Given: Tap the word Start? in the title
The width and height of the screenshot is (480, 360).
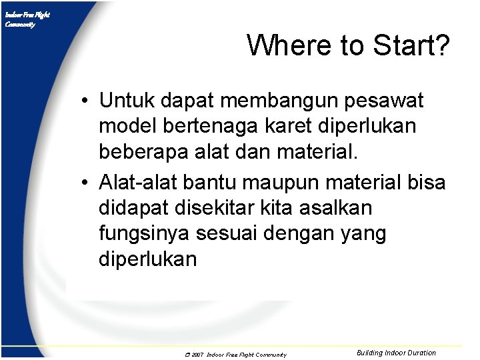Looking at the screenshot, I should pos(411,45).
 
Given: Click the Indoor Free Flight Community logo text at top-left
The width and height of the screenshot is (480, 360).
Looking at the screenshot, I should pos(27,19).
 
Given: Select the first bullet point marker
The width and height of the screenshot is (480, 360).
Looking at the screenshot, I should pos(87,102).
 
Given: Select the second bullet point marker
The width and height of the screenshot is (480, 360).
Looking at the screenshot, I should pos(87,183).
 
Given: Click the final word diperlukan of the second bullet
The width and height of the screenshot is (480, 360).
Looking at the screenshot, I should pos(148,259).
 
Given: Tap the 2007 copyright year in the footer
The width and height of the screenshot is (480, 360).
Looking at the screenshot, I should pos(197,355).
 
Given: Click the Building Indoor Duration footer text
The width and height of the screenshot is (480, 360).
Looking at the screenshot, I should pos(396,353).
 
